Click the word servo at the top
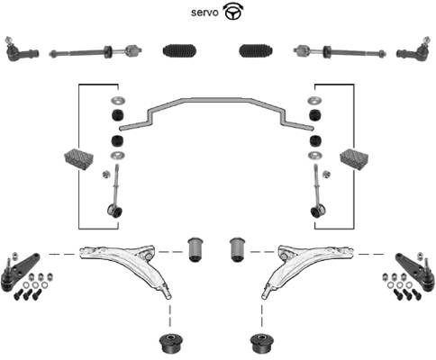pyautogui.click(x=204, y=13)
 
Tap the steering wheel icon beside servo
pyautogui.click(x=233, y=13)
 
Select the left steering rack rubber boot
pyautogui.click(x=180, y=50)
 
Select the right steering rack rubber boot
pyautogui.click(x=256, y=50)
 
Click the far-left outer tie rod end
pyautogui.click(x=22, y=49)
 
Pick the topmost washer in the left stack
pyautogui.click(x=118, y=100)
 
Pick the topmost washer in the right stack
pyautogui.click(x=314, y=100)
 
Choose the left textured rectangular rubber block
pyautogui.click(x=79, y=158)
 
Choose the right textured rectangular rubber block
pyautogui.click(x=354, y=158)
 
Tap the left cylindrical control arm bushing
pyautogui.click(x=195, y=249)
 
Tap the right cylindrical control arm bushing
pyautogui.click(x=238, y=249)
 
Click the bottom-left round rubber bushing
pyautogui.click(x=171, y=343)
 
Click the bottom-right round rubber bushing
pyautogui.click(x=262, y=343)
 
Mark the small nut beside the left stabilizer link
pyautogui.click(x=105, y=174)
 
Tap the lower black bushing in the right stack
pyautogui.click(x=315, y=141)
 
